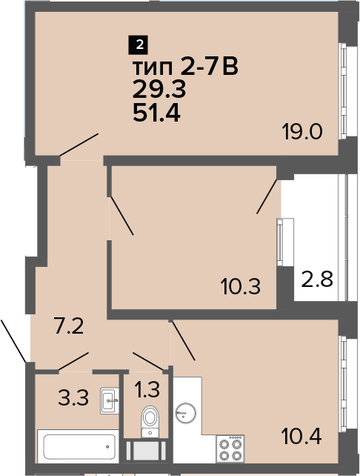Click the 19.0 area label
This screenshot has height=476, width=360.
point(301,132)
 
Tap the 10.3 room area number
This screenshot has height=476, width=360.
point(241,287)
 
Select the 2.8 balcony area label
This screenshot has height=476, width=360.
point(317,280)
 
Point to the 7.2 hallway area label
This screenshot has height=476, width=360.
point(69,325)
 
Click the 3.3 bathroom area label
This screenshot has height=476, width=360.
point(73,398)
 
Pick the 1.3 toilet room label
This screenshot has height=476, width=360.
point(147,389)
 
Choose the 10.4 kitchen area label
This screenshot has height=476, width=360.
point(301,436)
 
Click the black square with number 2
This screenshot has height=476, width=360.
point(139,46)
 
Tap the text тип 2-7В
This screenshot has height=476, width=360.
point(185,67)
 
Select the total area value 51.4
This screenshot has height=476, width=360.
point(156,114)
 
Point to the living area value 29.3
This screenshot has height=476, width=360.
point(159,90)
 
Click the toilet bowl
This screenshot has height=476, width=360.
point(150,421)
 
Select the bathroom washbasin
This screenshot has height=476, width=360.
point(110,400)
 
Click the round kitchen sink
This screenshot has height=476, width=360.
point(186,413)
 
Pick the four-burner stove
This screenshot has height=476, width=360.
point(230,449)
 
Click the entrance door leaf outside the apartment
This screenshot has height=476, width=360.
point(13,340)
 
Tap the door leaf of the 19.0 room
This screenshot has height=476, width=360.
point(79,145)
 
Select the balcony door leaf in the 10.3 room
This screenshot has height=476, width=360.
point(267,196)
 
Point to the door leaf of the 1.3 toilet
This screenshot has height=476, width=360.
point(148,361)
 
